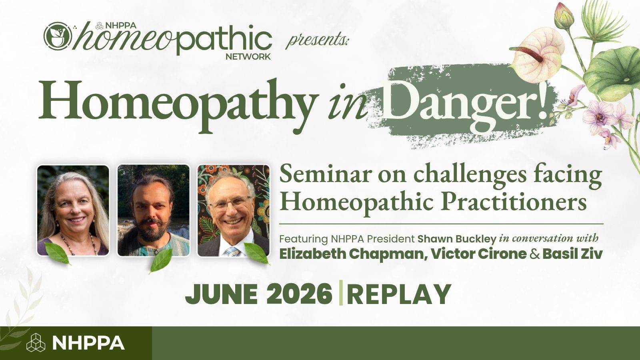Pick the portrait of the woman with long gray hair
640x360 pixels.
(x=73, y=210)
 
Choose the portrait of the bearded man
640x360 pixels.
(x=154, y=210)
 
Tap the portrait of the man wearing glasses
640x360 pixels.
(x=234, y=210)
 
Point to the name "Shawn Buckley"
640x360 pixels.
(x=456, y=239)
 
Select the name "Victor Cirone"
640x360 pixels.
(x=478, y=254)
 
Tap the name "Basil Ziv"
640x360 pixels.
(x=572, y=254)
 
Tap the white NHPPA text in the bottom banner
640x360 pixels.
(x=88, y=343)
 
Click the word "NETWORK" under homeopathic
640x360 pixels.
(x=248, y=56)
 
